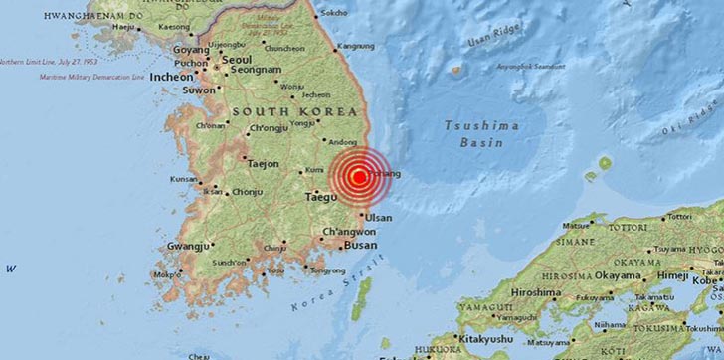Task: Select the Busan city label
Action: click(x=360, y=244)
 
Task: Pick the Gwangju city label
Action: click(x=191, y=245)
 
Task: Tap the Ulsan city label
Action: click(x=379, y=216)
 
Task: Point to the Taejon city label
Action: click(x=264, y=163)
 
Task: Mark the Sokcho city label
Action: click(x=334, y=12)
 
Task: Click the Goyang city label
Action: click(x=192, y=47)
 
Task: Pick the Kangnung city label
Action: click(x=355, y=46)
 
